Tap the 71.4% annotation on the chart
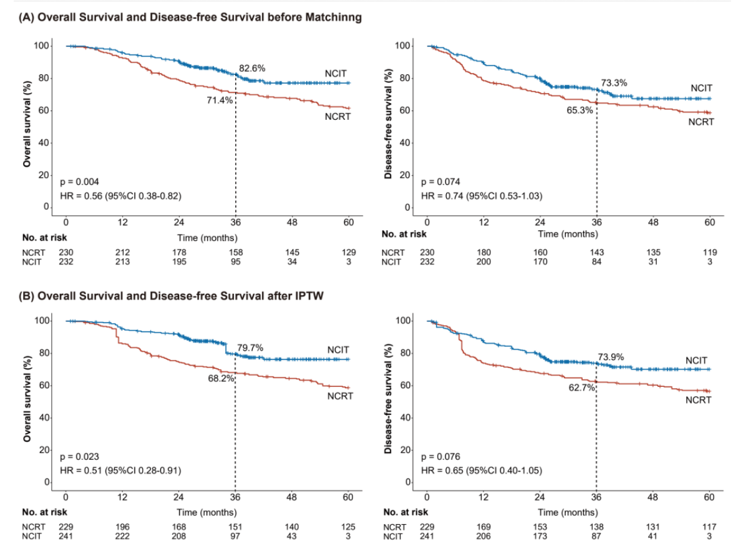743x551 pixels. pos(219,99)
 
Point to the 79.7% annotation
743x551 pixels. pos(250,348)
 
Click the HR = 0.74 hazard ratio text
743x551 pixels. pos(482,196)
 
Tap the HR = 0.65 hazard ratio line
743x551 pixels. pos(482,471)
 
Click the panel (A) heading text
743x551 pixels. pos(190,17)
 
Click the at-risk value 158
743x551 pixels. pos(235,252)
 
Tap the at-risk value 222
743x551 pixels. pos(122,536)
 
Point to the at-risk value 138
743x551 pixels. pos(596,527)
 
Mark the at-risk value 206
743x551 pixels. pos(483,536)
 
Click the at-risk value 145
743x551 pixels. pos(292,252)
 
